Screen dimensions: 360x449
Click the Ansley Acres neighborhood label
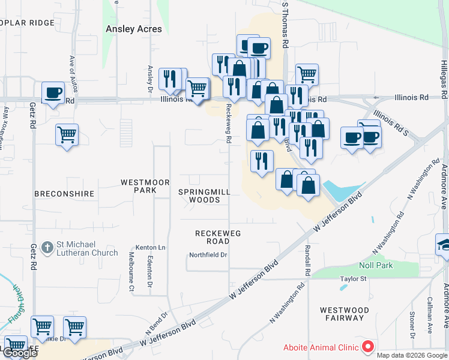(x=134, y=29)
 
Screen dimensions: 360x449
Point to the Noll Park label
(x=376, y=265)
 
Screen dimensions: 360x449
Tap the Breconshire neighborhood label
(x=64, y=194)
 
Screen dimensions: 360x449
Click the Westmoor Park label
(x=145, y=186)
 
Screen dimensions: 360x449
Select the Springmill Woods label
(x=204, y=196)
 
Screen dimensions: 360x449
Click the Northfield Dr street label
(x=208, y=255)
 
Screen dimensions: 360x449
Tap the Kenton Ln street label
(x=150, y=247)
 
